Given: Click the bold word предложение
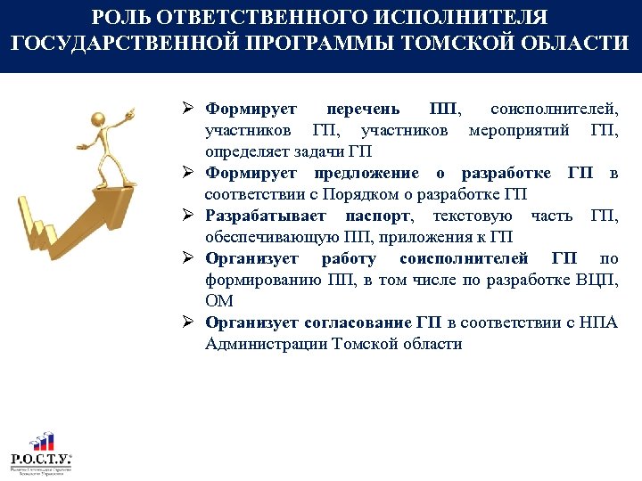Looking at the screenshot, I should click(x=366, y=173).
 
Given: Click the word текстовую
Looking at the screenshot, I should click(x=472, y=216).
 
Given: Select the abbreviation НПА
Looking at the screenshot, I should click(x=598, y=322).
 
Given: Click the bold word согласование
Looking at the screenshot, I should click(x=358, y=322).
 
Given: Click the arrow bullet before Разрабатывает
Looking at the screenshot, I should click(x=189, y=216).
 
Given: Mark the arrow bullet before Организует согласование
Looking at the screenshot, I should click(x=189, y=322).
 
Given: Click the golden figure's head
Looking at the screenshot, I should click(x=99, y=118).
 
